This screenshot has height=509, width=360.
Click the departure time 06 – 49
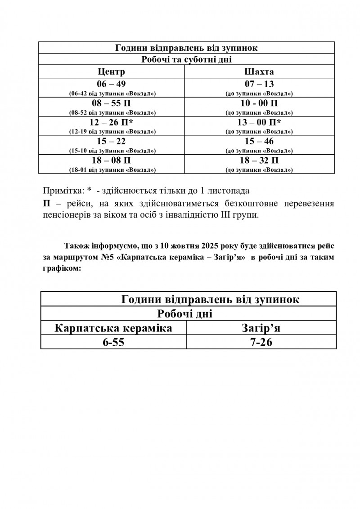pyautogui.click(x=112, y=84)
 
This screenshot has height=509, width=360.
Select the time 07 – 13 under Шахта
pyautogui.click(x=259, y=84)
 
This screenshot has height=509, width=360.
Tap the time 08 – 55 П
pyautogui.click(x=112, y=103)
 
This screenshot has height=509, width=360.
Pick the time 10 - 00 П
pyautogui.click(x=259, y=103)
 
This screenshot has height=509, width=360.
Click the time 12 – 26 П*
pyautogui.click(x=112, y=122)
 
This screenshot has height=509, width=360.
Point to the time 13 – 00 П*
pyautogui.click(x=259, y=122)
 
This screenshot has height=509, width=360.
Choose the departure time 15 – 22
pyautogui.click(x=112, y=141)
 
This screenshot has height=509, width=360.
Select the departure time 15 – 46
pyautogui.click(x=259, y=141)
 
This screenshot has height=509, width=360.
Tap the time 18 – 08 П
pyautogui.click(x=112, y=160)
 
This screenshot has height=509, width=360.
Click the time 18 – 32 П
pyautogui.click(x=259, y=160)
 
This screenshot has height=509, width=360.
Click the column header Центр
pyautogui.click(x=112, y=72)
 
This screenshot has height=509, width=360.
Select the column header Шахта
pyautogui.click(x=259, y=72)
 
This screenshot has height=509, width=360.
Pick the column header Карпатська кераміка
pyautogui.click(x=113, y=328)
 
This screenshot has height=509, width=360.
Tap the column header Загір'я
pyautogui.click(x=261, y=328)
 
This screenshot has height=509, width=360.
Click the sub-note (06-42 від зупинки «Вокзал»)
pyautogui.click(x=112, y=94)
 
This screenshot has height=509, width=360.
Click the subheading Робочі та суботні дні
pyautogui.click(x=186, y=60)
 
